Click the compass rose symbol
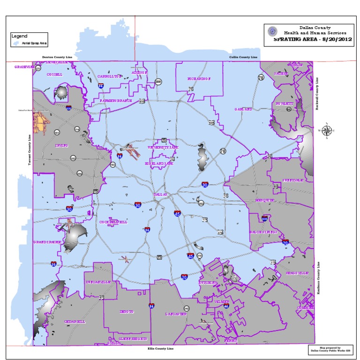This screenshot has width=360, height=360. (x=327, y=131)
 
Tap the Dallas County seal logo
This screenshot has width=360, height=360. (x=272, y=31)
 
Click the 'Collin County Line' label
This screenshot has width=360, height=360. (x=243, y=57)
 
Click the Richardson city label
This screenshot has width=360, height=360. (x=199, y=79)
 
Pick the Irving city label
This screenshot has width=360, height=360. (x=61, y=145)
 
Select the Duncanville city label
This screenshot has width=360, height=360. (x=98, y=283)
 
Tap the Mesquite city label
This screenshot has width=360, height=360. (x=264, y=200)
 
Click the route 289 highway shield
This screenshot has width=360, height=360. (x=158, y=82)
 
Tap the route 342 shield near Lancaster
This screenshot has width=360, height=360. (x=187, y=308)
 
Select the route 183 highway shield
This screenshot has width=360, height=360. (x=112, y=165)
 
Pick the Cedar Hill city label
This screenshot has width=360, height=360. (x=75, y=322)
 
